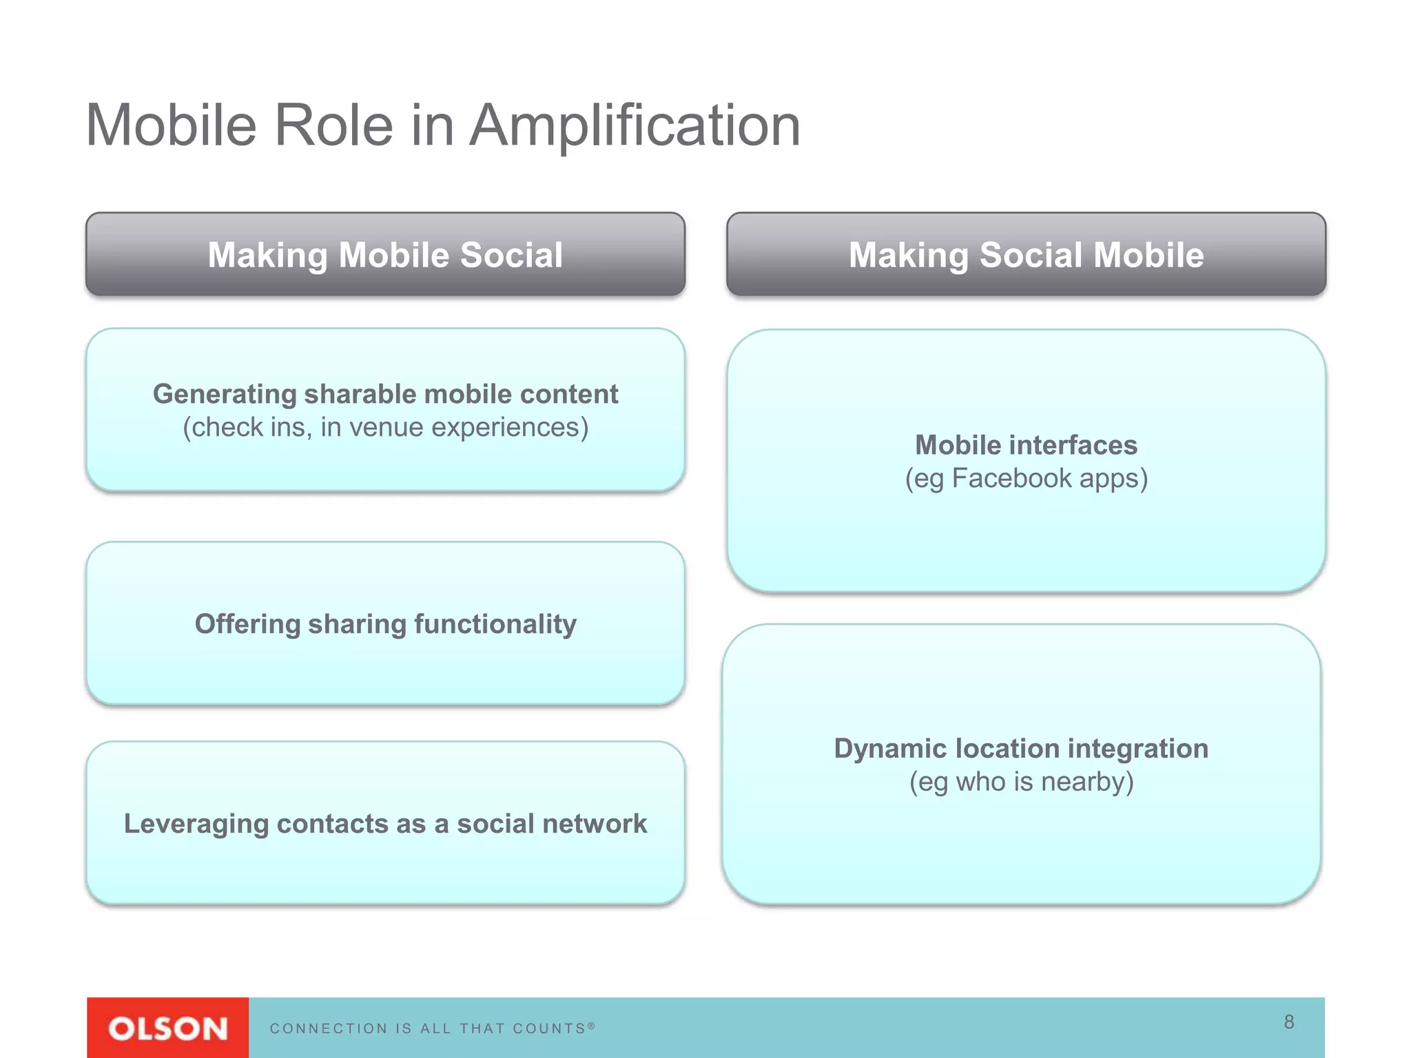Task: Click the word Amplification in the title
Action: coord(635,126)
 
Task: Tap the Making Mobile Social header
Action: coord(385,255)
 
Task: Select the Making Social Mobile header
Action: coord(1026,255)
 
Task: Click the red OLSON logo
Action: coord(167,1028)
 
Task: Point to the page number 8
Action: coord(1289,1021)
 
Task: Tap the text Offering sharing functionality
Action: coord(385,624)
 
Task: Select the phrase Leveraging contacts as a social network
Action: coord(385,824)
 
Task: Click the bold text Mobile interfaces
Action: coord(1026,445)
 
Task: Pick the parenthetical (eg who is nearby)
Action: coord(1021,782)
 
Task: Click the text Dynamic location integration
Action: coord(1021,749)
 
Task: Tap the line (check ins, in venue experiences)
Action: coord(385,428)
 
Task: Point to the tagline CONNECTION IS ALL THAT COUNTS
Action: coord(427,1028)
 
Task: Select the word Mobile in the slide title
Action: coord(171,126)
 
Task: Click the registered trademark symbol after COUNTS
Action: coord(591,1026)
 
